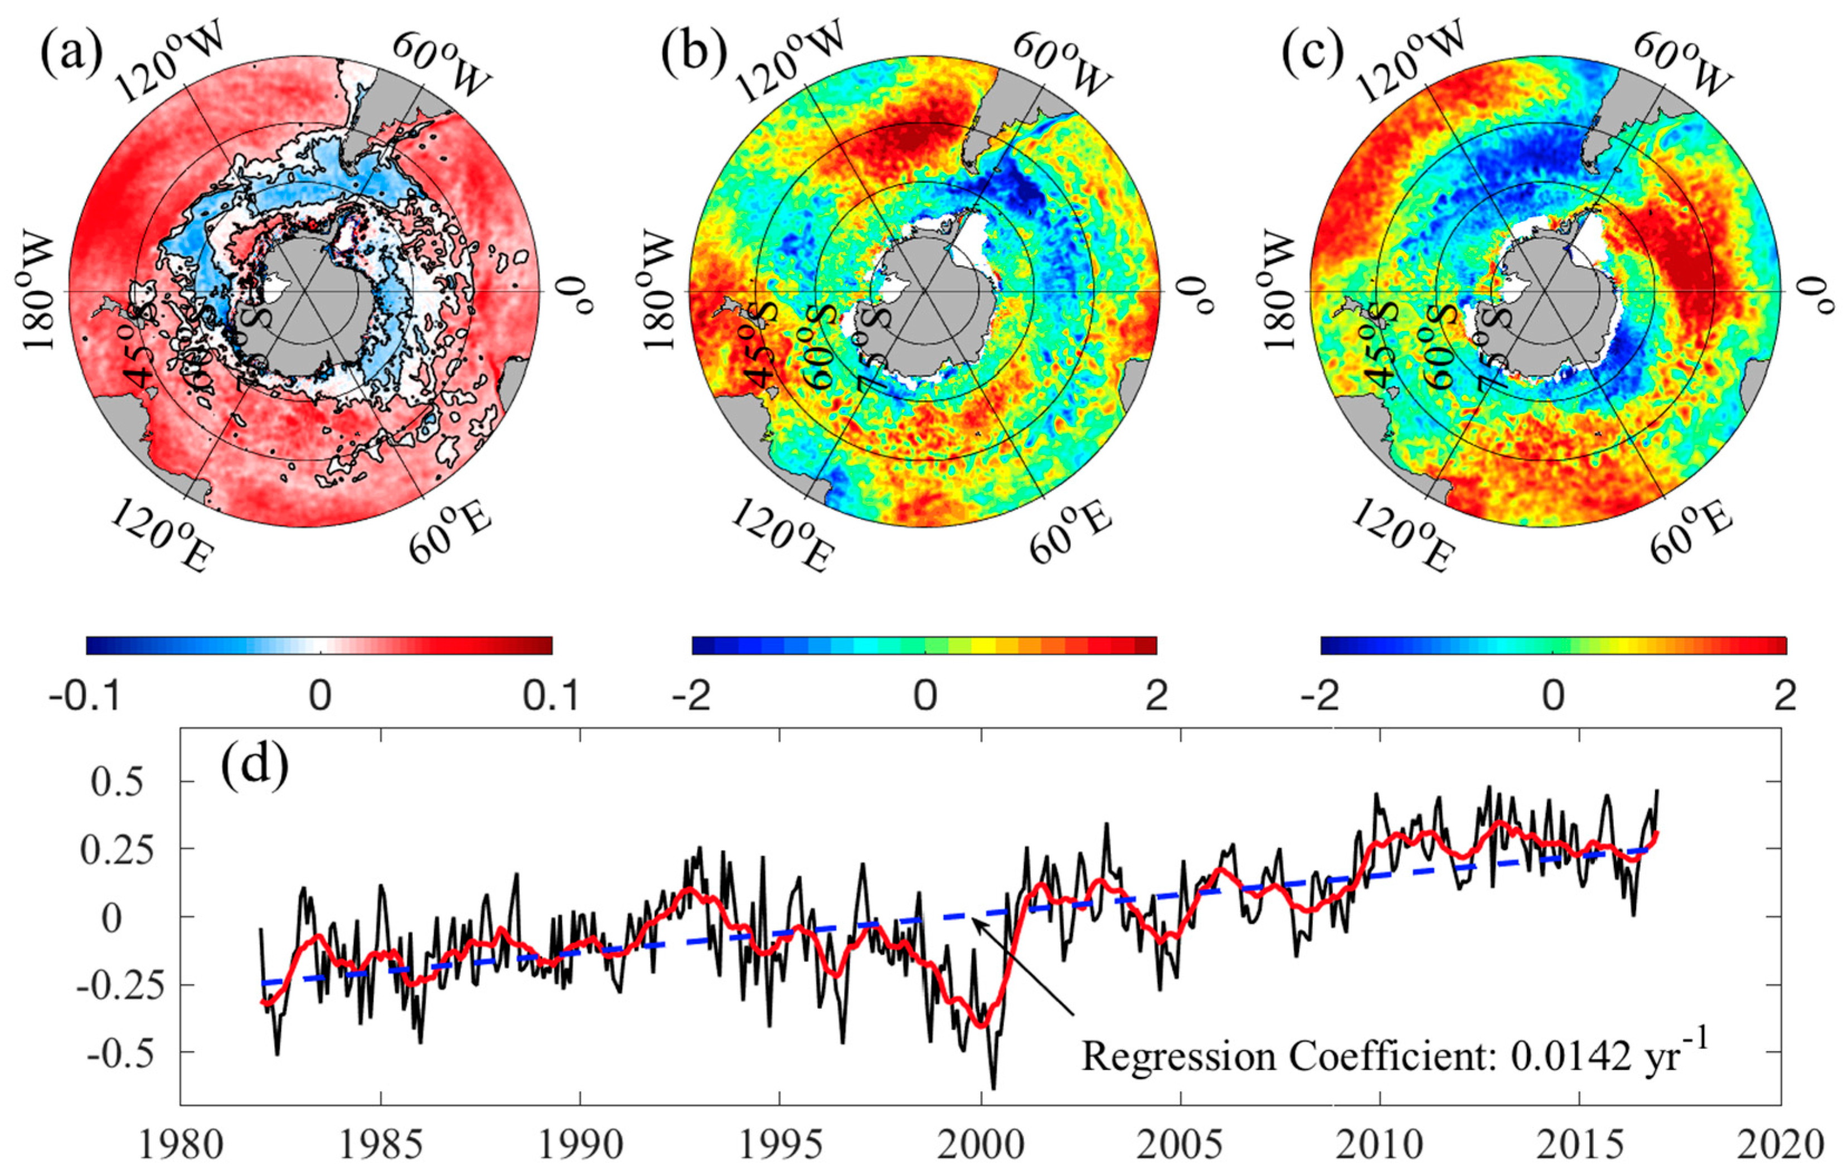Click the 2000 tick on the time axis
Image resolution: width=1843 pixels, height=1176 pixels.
point(981,1147)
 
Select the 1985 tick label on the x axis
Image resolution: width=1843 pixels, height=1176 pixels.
point(380,1147)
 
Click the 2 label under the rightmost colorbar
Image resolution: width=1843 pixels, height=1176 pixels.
point(1783,698)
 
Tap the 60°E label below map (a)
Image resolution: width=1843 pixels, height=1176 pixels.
point(449,532)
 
